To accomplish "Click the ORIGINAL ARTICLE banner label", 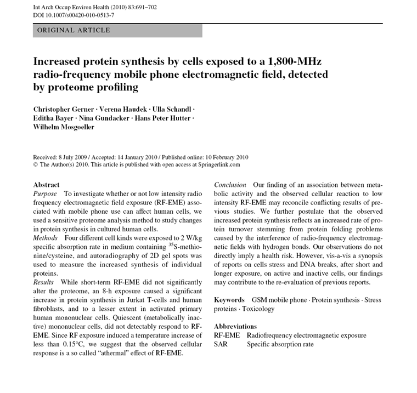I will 74,30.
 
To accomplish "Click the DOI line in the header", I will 74,15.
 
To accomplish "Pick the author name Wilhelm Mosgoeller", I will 64,127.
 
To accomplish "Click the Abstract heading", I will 46,185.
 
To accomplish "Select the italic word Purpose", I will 45,194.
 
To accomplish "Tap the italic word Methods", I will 46,238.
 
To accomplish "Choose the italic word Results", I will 43,282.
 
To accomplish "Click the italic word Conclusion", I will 230,185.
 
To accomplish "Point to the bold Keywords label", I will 229,300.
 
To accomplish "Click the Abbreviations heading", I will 235,326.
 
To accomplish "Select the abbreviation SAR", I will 221,344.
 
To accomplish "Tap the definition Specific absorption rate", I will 280,344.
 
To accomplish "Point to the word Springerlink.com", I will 215,164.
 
